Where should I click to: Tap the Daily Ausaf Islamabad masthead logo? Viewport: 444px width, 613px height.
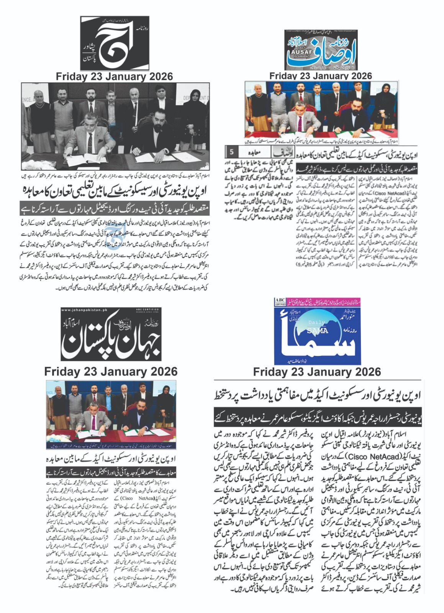point(320,50)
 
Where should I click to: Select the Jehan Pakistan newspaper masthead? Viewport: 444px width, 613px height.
point(111,334)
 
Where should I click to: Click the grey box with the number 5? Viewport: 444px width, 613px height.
point(231,152)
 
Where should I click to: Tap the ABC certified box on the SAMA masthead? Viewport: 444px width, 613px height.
point(280,302)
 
